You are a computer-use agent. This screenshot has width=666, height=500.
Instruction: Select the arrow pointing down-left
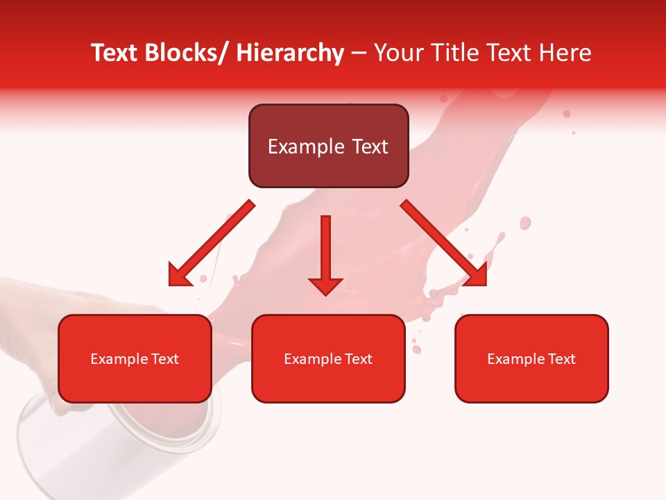click(x=212, y=243)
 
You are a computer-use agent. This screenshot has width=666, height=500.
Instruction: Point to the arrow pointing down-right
click(x=444, y=243)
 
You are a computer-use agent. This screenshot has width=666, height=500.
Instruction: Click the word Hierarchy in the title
click(x=289, y=53)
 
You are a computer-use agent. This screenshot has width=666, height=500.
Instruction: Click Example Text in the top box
click(x=328, y=147)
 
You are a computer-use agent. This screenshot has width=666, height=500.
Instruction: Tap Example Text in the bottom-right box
click(x=531, y=359)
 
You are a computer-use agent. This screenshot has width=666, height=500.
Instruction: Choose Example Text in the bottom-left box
click(x=135, y=359)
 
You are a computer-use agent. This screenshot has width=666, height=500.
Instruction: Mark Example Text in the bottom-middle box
click(x=328, y=359)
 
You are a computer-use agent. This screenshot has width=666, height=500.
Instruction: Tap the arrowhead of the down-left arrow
click(x=179, y=276)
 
